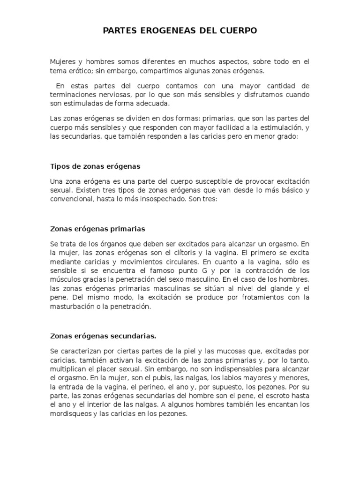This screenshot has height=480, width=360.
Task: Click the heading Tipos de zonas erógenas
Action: pos(95,166)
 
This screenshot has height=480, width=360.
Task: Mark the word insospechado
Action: pos(165,199)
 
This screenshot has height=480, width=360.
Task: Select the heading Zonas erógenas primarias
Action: pos(97,229)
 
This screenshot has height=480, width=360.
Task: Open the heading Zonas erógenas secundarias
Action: pos(103,336)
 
